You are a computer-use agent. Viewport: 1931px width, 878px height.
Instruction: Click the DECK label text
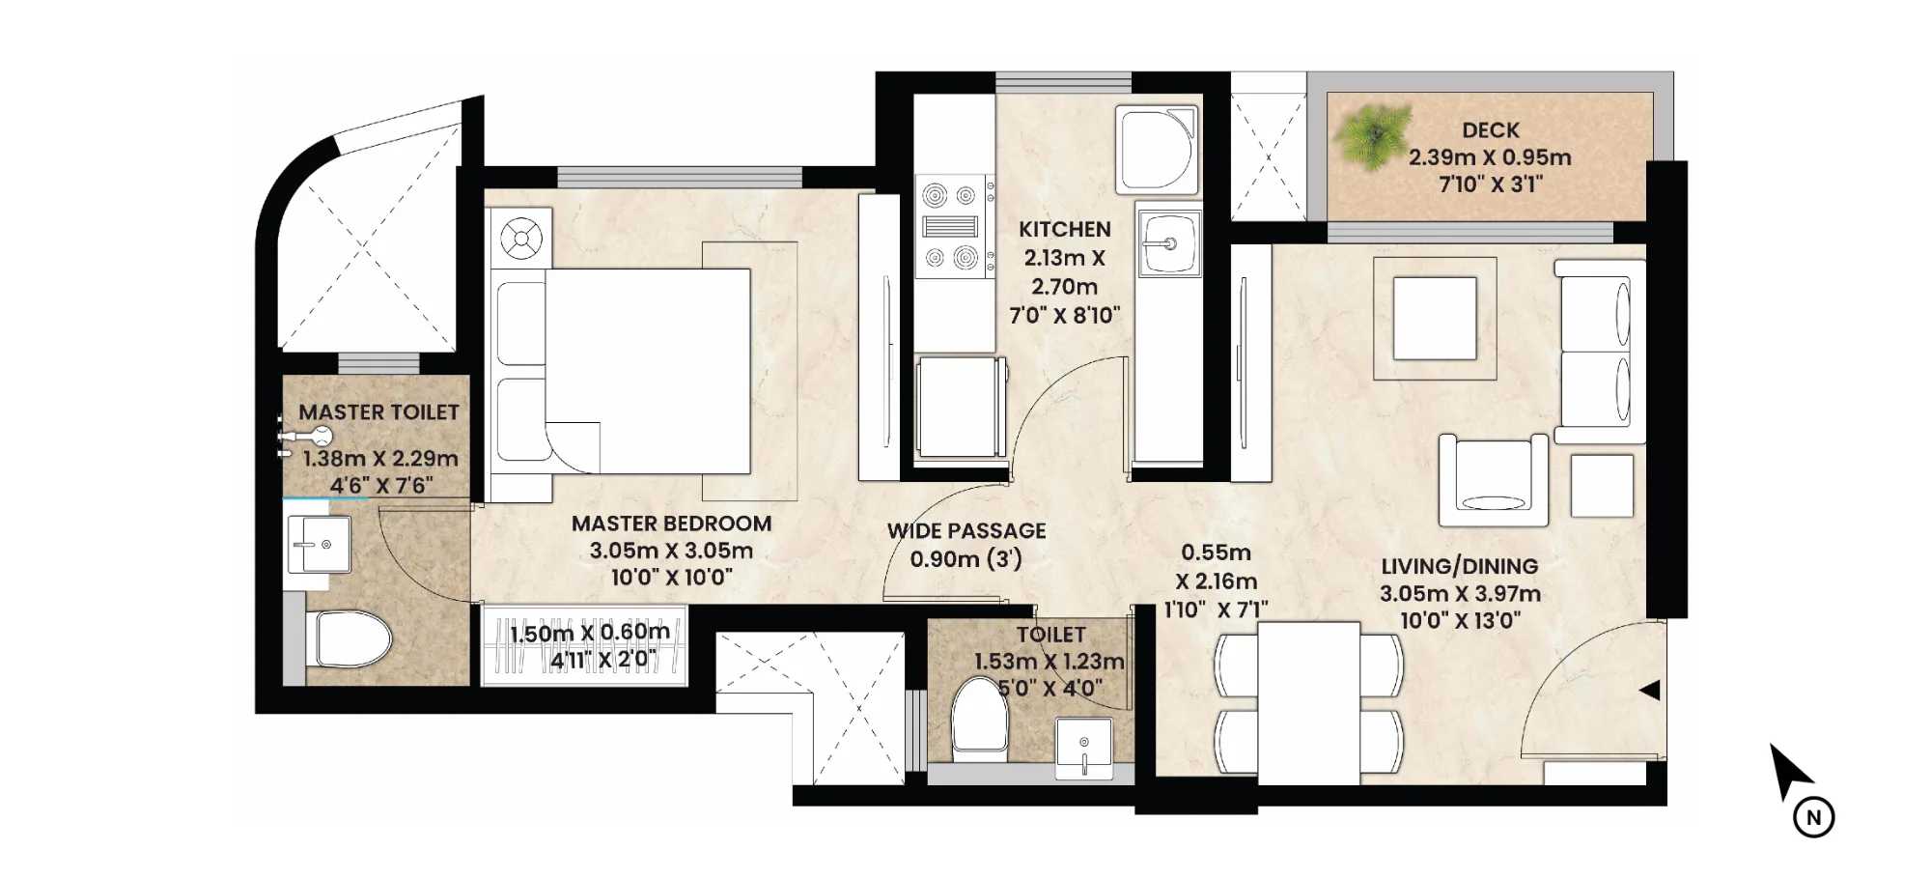pyautogui.click(x=1490, y=130)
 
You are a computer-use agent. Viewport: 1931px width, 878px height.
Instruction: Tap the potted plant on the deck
pyautogui.click(x=1372, y=135)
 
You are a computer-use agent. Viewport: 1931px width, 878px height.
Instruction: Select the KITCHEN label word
pyautogui.click(x=1064, y=229)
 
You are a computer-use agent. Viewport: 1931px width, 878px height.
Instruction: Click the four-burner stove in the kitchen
pyautogui.click(x=950, y=227)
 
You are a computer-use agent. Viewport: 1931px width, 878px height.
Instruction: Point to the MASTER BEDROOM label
pyautogui.click(x=671, y=524)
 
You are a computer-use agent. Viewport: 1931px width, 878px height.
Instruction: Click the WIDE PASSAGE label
pyautogui.click(x=966, y=530)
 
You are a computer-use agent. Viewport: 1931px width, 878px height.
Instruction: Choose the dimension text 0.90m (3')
pyautogui.click(x=965, y=559)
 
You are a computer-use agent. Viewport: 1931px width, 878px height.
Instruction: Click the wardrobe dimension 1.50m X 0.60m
pyautogui.click(x=589, y=634)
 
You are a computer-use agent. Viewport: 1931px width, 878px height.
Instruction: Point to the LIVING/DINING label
pyautogui.click(x=1459, y=567)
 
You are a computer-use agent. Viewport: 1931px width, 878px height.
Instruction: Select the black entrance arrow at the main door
pyautogui.click(x=1650, y=690)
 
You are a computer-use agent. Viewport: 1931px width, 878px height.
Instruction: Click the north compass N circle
pyautogui.click(x=1813, y=817)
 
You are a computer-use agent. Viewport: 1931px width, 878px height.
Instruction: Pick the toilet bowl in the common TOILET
pyautogui.click(x=979, y=720)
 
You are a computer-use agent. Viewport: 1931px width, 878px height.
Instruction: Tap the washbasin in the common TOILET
pyautogui.click(x=1083, y=746)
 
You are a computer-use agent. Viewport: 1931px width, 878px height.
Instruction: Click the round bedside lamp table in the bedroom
pyautogui.click(x=522, y=239)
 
